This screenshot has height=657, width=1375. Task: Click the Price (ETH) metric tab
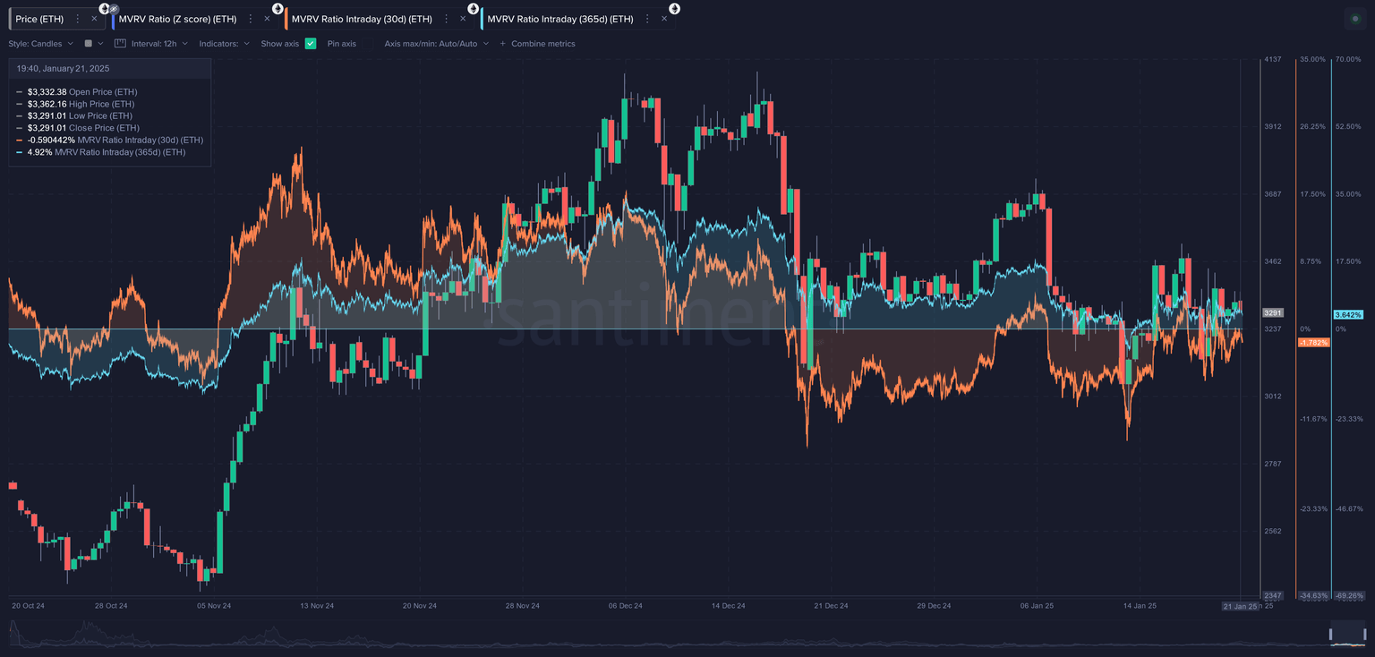[x=39, y=19]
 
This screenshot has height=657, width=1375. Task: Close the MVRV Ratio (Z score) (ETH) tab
[x=266, y=19]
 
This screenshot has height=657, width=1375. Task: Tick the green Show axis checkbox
[x=311, y=43]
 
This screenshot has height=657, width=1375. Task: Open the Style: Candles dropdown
[x=41, y=43]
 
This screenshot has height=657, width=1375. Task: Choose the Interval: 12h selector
[x=153, y=43]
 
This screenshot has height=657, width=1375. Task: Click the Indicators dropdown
[x=224, y=43]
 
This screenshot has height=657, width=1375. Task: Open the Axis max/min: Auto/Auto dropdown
[x=436, y=43]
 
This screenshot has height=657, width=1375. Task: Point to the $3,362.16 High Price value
[x=47, y=104]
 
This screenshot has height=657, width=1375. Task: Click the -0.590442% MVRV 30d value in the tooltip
[x=51, y=140]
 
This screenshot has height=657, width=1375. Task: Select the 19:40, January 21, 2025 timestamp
[x=63, y=68]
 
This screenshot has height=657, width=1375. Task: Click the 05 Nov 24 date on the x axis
[x=214, y=606]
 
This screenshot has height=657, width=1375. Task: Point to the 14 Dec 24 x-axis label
[x=728, y=606]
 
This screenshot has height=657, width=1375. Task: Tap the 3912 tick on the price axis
[x=1272, y=126]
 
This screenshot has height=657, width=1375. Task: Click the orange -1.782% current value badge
[x=1313, y=343]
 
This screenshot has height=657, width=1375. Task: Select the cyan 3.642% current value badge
[x=1348, y=314]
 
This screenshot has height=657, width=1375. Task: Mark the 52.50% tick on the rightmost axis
[x=1347, y=126]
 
